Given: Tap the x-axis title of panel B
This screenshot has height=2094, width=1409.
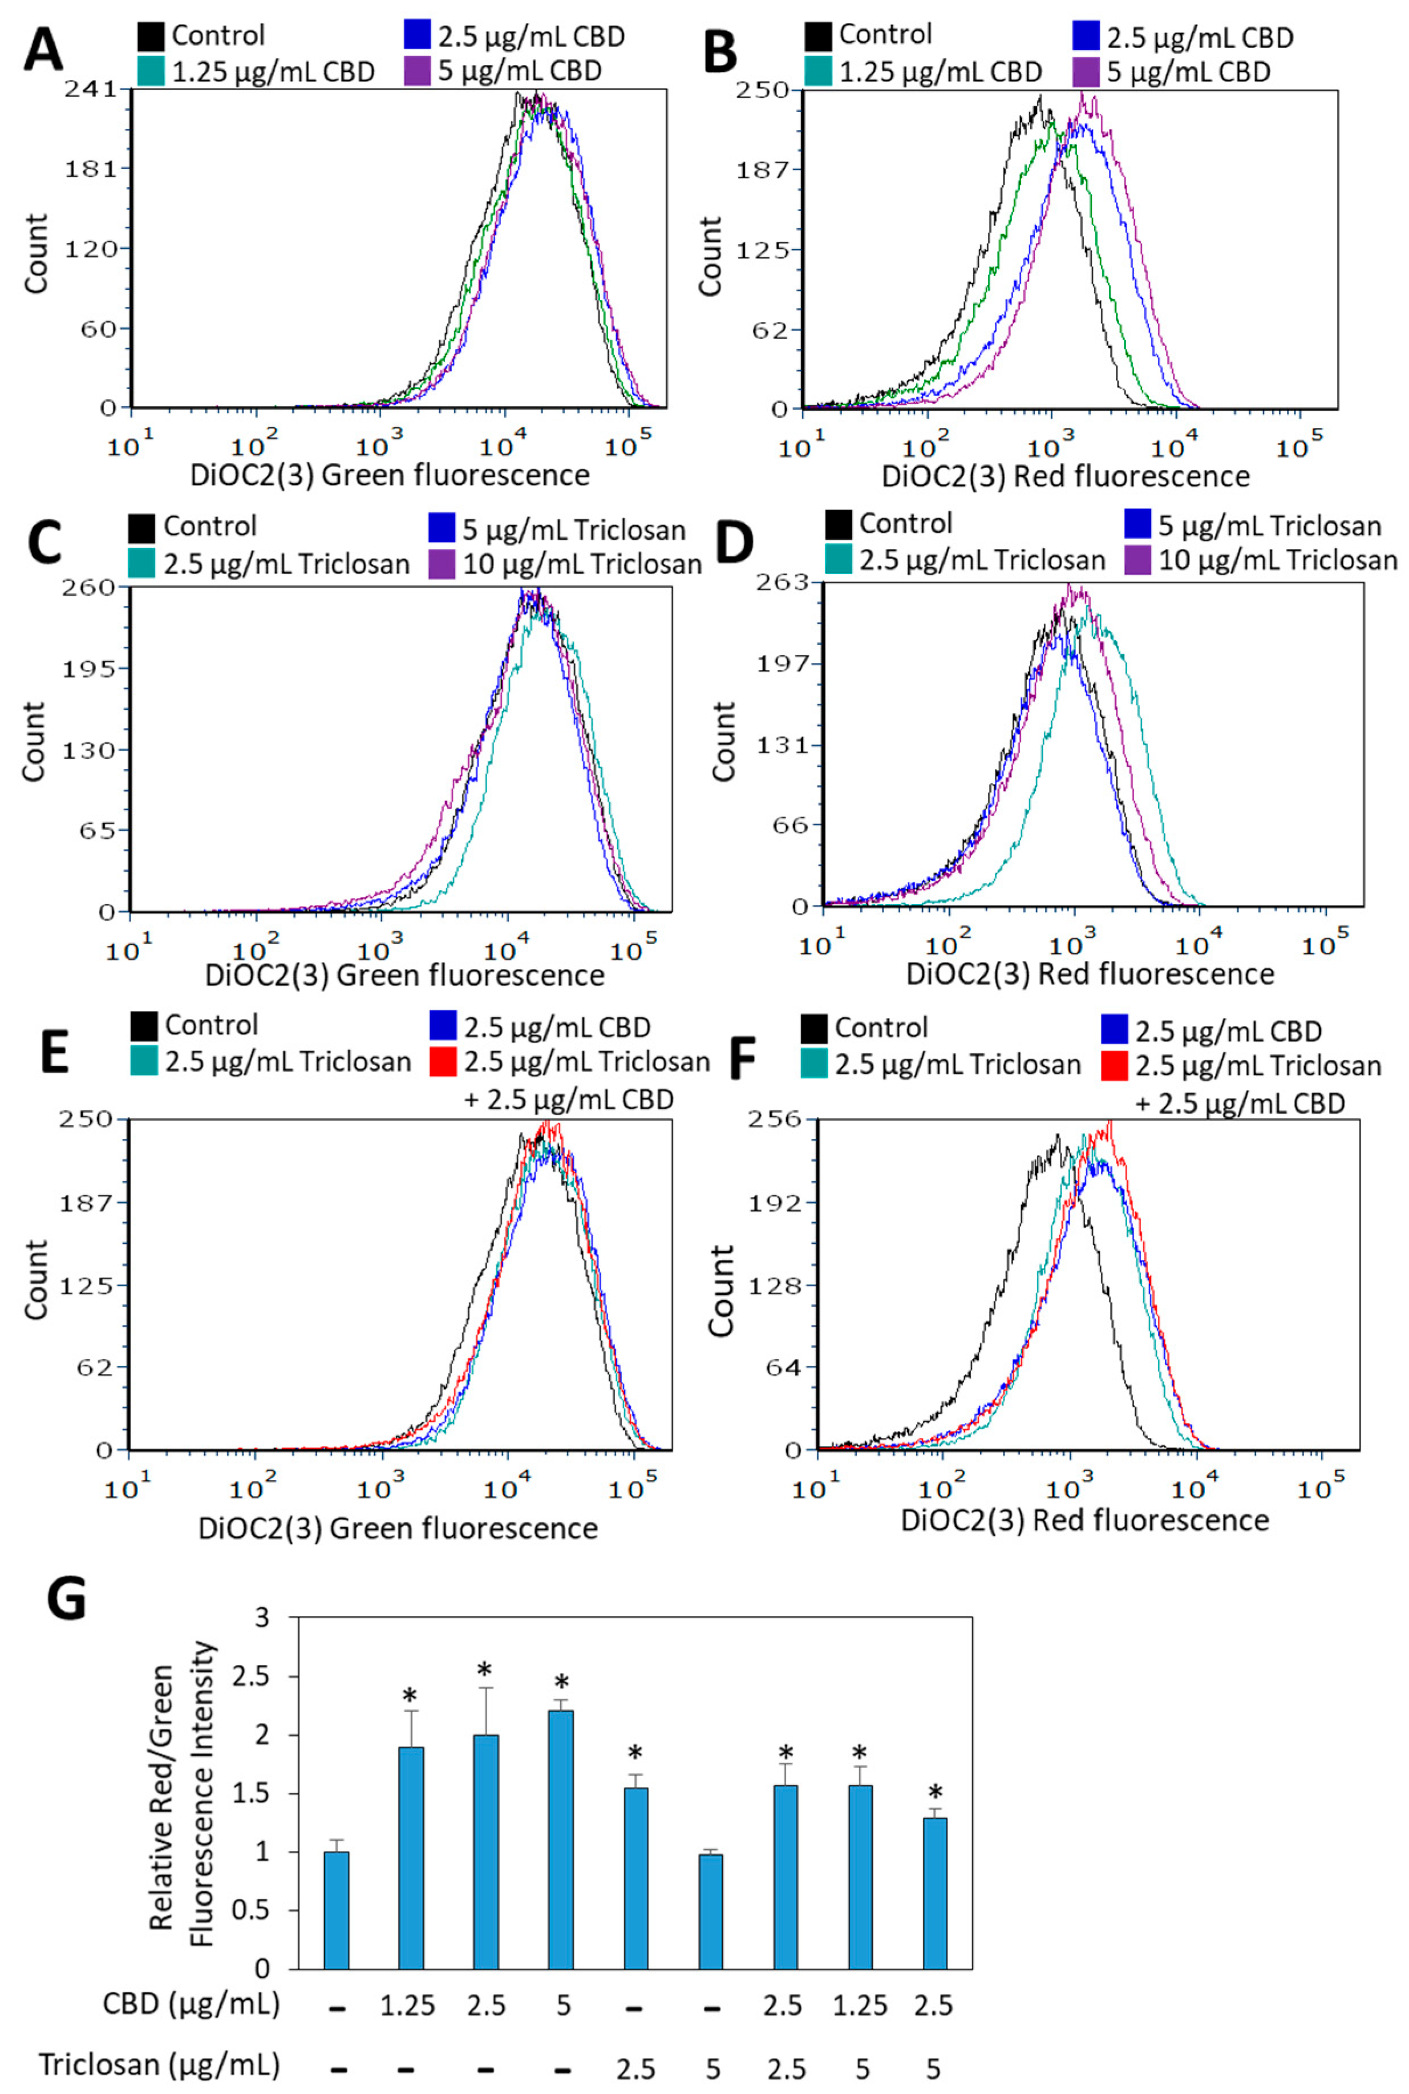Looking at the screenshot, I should [x=1065, y=476].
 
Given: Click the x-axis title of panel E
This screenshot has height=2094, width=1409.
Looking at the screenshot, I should [x=398, y=1529].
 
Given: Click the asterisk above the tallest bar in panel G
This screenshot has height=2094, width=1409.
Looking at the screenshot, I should [x=562, y=1683].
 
